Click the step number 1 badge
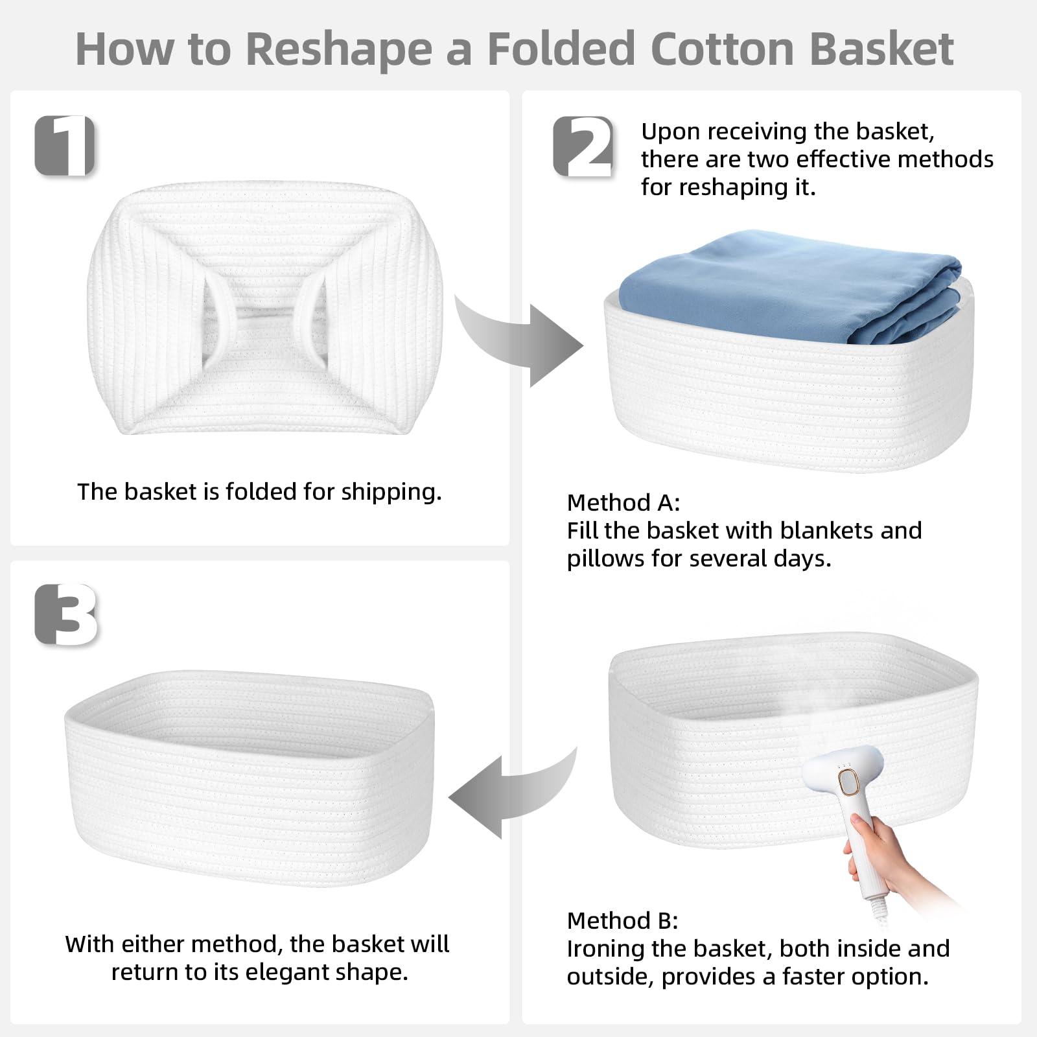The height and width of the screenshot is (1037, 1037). pyautogui.click(x=65, y=145)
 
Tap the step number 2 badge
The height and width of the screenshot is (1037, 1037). pyautogui.click(x=583, y=146)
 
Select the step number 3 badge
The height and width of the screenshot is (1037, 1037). pyautogui.click(x=65, y=615)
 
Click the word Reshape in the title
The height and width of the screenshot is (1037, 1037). pyautogui.click(x=339, y=48)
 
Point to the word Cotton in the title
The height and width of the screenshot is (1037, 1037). pyautogui.click(x=721, y=48)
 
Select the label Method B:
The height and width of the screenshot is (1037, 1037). pyautogui.click(x=623, y=920)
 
